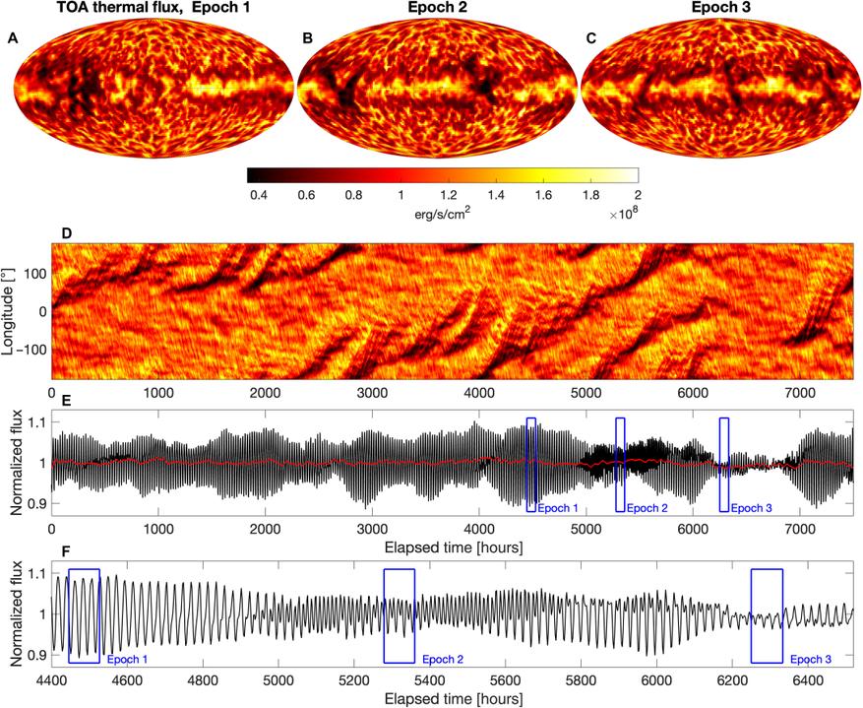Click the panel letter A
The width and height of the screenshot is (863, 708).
pos(12,38)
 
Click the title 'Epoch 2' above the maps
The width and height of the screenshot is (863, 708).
pos(435,9)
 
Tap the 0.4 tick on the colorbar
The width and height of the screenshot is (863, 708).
pos(260,197)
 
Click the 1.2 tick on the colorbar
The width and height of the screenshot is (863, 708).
pos(448,197)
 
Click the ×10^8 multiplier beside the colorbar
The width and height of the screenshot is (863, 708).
pos(620,213)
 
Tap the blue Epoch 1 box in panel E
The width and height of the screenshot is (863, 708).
pos(531,464)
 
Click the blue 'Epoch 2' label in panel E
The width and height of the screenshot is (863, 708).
pos(647,508)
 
